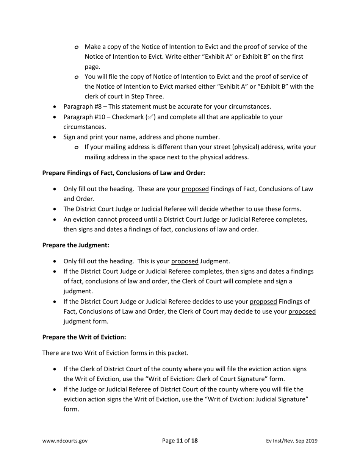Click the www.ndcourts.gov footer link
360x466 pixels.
pos(65,441)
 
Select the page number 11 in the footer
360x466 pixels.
pos(179,441)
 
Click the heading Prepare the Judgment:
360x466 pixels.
pos(75,245)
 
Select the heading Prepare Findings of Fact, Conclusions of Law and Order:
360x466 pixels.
pos(124,173)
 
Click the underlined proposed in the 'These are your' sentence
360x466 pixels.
pos(195,189)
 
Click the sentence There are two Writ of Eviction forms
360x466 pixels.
pos(115,353)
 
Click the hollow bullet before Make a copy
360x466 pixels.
pos(77,47)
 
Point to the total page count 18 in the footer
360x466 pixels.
pos(194,441)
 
